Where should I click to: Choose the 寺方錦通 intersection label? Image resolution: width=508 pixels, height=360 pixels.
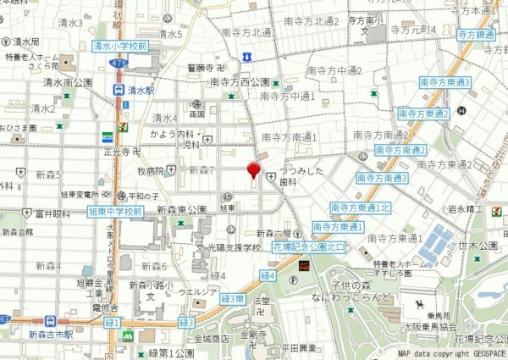click(x=477, y=35)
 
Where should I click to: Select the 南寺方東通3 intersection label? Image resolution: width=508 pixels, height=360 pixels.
click(x=444, y=82)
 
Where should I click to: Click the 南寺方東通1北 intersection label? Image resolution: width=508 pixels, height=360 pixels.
click(x=361, y=207)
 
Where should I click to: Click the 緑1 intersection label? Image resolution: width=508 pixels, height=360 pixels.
click(x=112, y=322)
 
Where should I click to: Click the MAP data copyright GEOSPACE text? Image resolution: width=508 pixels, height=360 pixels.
click(x=450, y=352)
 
